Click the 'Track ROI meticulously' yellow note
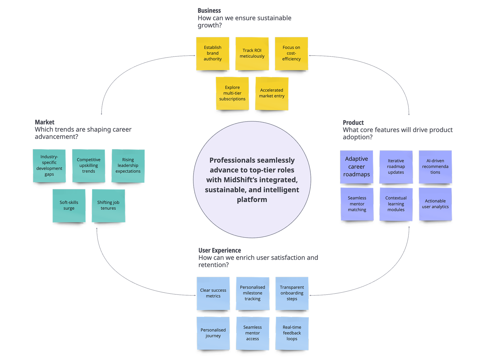(x=252, y=53)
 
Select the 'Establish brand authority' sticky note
(x=213, y=53)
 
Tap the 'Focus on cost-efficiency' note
(x=291, y=53)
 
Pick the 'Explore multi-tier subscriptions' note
(x=232, y=93)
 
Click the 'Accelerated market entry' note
(x=272, y=93)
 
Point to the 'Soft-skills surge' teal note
(x=69, y=206)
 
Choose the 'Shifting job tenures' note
(x=108, y=206)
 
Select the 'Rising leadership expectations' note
(x=128, y=166)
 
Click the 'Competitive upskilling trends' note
(x=89, y=166)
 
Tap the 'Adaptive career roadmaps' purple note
(x=357, y=167)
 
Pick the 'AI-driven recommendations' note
(x=435, y=167)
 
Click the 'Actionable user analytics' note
(x=435, y=204)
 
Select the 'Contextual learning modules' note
(x=396, y=204)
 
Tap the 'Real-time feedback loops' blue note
(x=292, y=333)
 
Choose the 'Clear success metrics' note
(x=213, y=293)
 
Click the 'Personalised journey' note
(x=213, y=333)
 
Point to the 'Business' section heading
(x=209, y=11)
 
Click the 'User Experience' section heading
(x=220, y=250)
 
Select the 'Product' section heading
(x=353, y=123)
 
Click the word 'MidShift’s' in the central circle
(x=240, y=180)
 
